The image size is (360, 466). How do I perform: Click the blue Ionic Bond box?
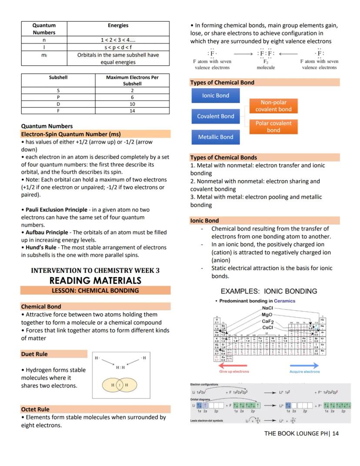tap(215, 96)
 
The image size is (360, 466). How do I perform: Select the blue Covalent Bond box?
tap(215, 116)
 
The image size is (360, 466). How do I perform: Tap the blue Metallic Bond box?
tap(215, 137)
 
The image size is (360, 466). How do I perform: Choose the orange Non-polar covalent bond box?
tap(273, 106)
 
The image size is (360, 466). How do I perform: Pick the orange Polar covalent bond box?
tap(273, 127)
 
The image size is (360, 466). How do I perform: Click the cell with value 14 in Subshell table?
tap(132, 111)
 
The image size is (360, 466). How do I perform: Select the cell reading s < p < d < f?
tap(118, 47)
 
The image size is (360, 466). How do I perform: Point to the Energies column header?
tap(118, 26)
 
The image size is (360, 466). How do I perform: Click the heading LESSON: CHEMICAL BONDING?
tap(95, 291)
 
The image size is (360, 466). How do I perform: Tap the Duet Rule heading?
tap(35, 354)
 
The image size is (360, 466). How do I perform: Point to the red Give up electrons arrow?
tap(234, 366)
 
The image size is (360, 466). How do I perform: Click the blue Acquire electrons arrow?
tap(304, 366)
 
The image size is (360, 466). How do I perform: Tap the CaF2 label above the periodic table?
tap(267, 321)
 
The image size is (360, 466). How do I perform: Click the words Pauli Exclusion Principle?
tap(56, 210)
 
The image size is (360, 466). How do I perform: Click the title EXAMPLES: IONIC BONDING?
tap(269, 291)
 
